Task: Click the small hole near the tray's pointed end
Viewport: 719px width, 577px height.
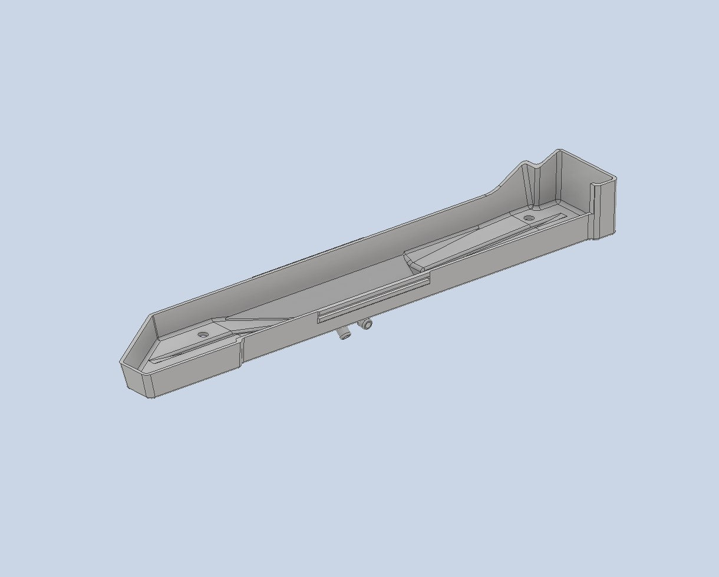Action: coord(203,334)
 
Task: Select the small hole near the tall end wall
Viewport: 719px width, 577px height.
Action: coord(529,218)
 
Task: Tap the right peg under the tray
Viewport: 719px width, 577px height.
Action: coord(367,324)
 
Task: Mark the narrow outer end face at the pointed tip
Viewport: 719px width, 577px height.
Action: coord(135,379)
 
